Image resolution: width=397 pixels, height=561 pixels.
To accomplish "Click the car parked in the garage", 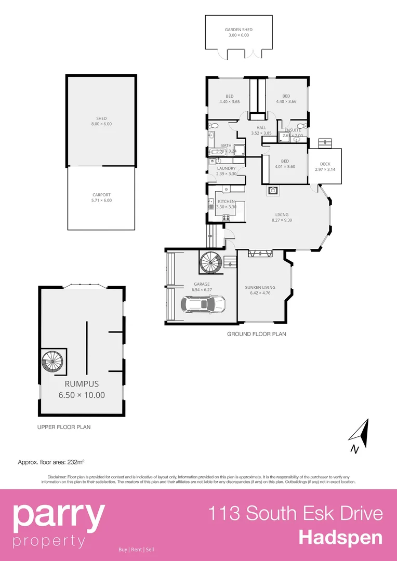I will tap(203, 303).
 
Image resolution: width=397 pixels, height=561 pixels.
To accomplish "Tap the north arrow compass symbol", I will tap(360, 437).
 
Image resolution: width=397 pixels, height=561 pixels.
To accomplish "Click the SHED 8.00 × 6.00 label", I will tap(101, 121).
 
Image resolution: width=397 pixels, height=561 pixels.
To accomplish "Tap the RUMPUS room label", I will tap(81, 384).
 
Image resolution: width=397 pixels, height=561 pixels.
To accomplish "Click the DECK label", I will tap(325, 164).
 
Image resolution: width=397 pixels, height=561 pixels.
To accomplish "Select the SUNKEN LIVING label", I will tap(260, 287).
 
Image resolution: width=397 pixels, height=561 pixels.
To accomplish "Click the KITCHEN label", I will tap(226, 201).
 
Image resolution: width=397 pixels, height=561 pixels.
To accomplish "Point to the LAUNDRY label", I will tap(226, 168).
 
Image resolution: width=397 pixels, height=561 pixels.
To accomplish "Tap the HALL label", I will tap(261, 128).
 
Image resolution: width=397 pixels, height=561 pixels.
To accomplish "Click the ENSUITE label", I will tap(293, 130).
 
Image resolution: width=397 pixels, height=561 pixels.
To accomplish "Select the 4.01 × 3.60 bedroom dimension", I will tap(285, 167).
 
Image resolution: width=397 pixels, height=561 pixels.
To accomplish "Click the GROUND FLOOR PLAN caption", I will tap(256, 334).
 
